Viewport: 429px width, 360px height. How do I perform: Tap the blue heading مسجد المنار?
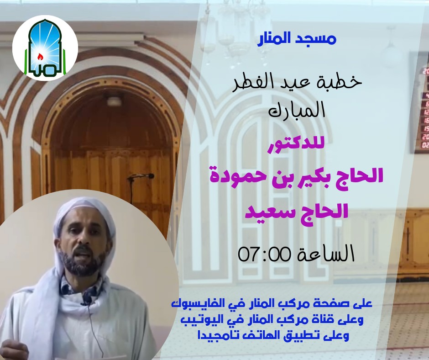pyautogui.click(x=298, y=39)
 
